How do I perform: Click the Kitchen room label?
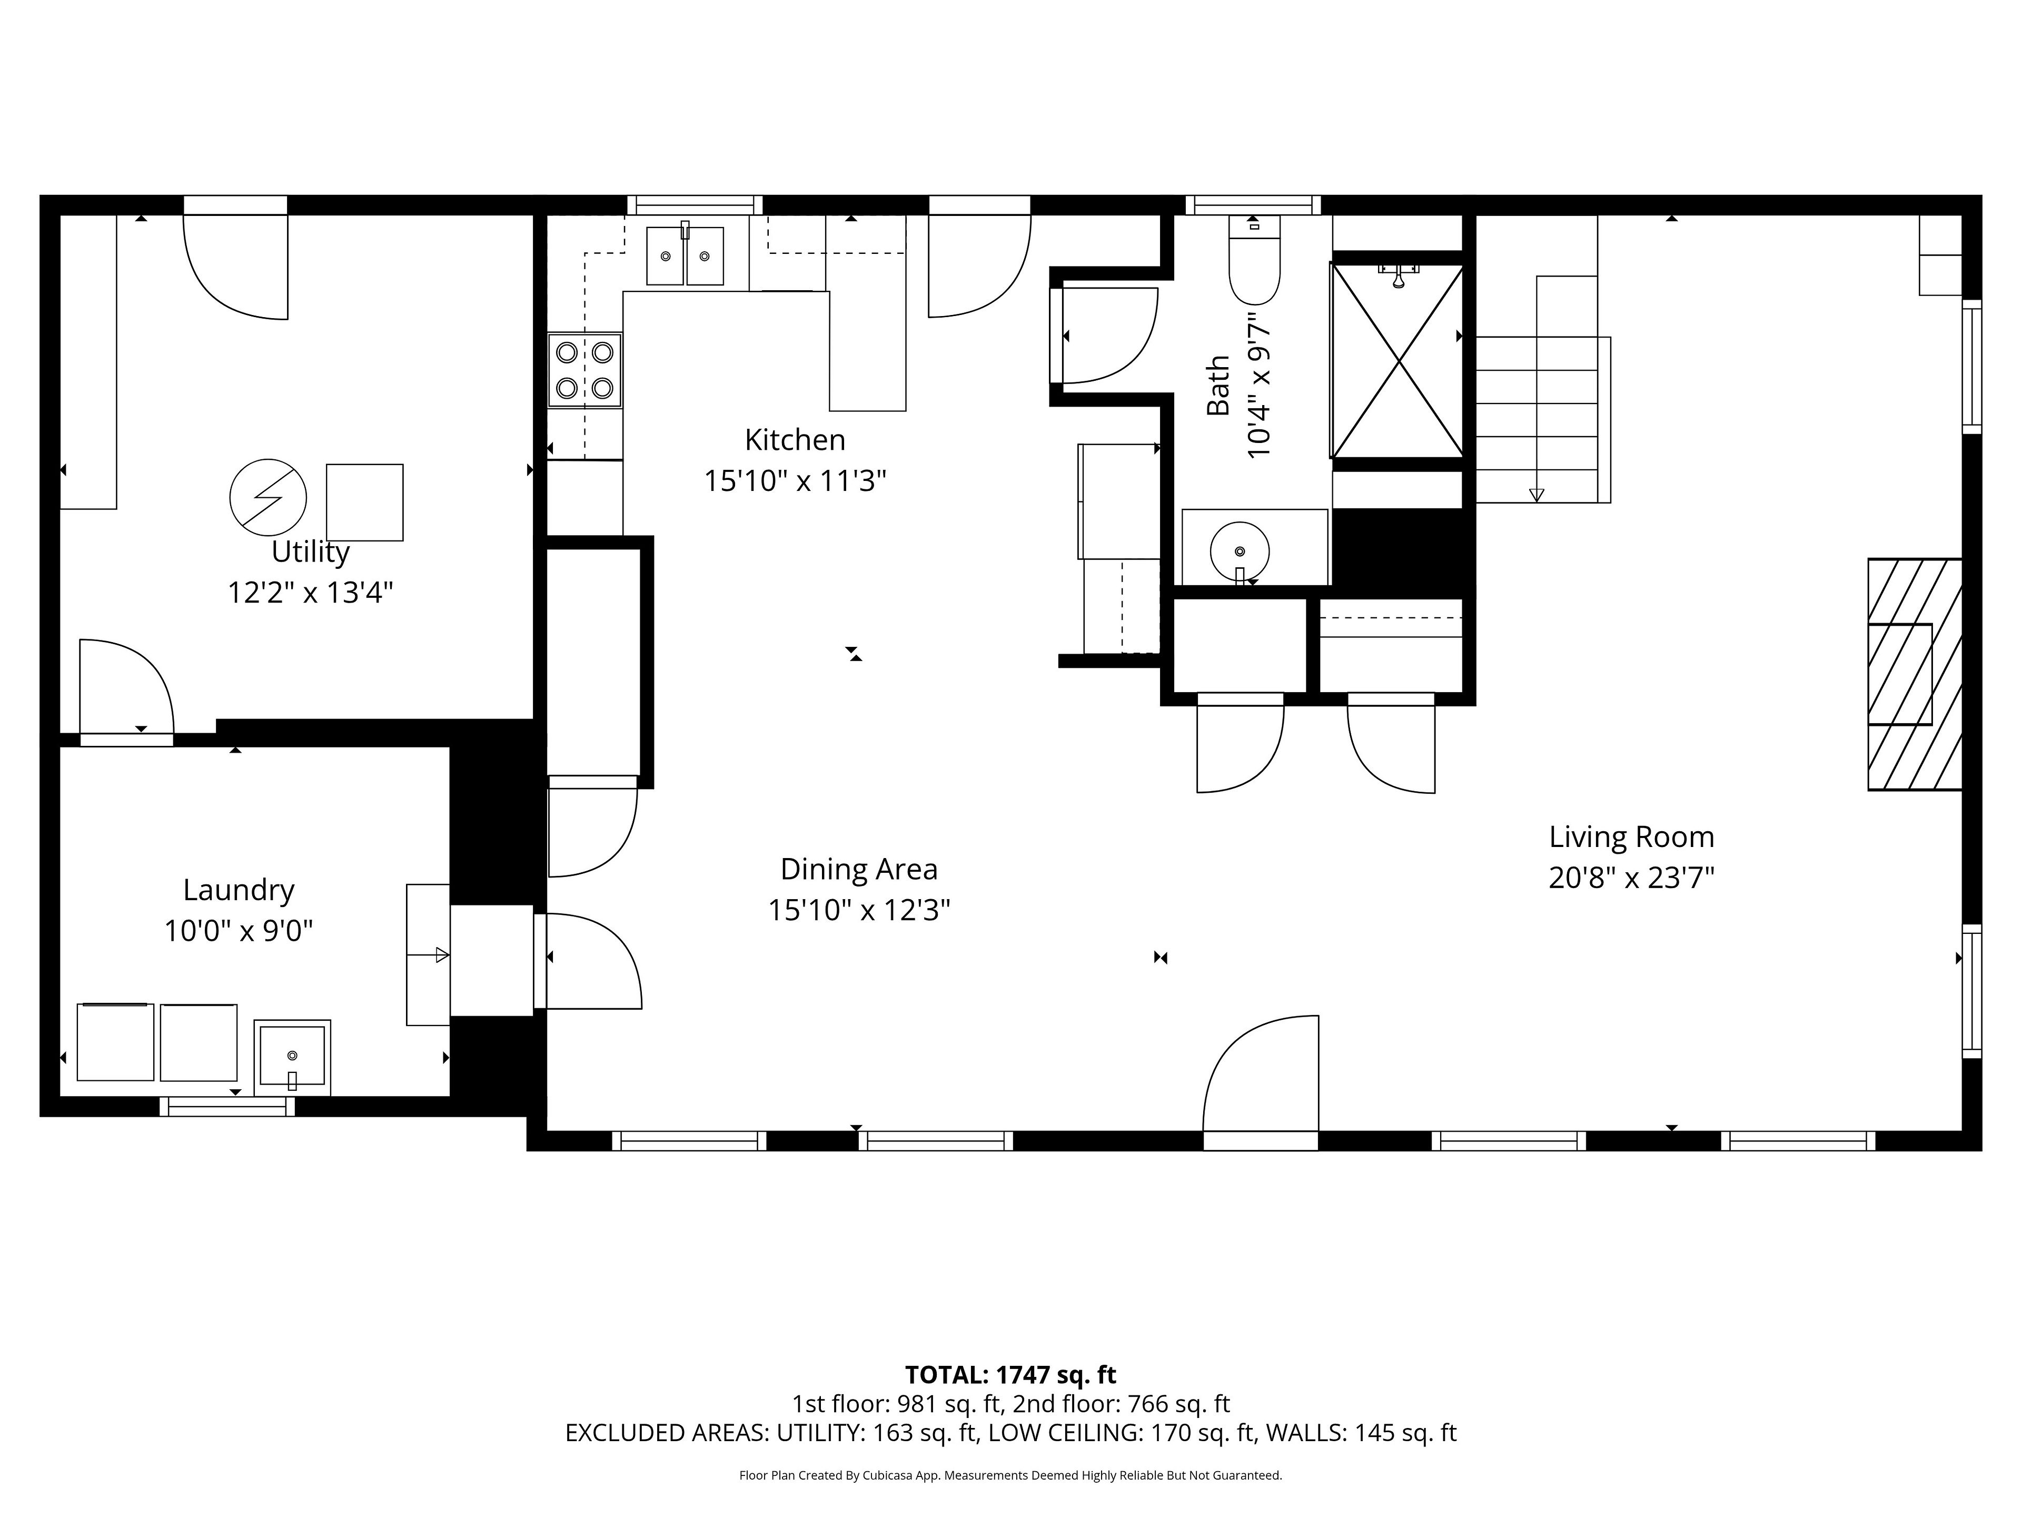[x=795, y=440]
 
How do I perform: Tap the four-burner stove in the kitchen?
[x=585, y=370]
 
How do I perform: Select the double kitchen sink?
[x=685, y=256]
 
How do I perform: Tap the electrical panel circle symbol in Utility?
[x=268, y=497]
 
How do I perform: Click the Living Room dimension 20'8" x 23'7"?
[x=1631, y=878]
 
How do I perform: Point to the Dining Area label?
[x=858, y=869]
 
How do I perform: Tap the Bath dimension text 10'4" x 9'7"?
[x=1258, y=385]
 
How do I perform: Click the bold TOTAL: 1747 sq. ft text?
[x=1010, y=1374]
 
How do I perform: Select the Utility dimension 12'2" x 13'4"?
[x=310, y=593]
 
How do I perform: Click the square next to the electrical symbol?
[x=365, y=502]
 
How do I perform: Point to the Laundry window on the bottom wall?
[x=227, y=1107]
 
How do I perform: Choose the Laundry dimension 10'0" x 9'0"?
[x=239, y=931]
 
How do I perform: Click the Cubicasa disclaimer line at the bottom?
[x=1010, y=1475]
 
